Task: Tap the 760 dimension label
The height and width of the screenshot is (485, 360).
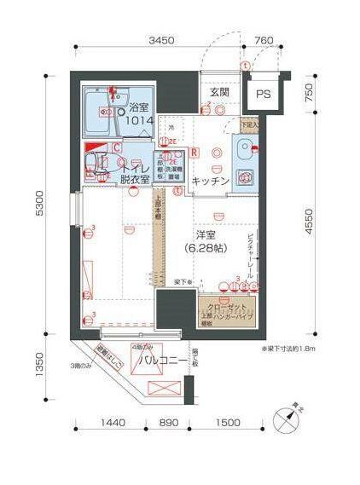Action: tap(264, 40)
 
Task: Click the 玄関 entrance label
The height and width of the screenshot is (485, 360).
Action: tap(218, 92)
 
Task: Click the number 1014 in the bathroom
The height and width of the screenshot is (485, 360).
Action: tap(141, 123)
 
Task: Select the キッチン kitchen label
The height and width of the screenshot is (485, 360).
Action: tap(209, 181)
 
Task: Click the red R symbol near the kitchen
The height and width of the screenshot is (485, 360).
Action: tap(195, 153)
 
